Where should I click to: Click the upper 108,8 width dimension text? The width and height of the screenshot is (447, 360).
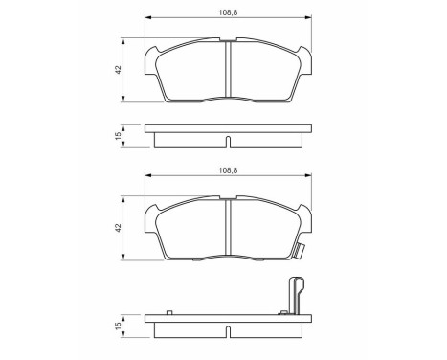click(x=227, y=13)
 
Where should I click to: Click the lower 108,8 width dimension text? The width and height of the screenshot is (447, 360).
click(x=227, y=170)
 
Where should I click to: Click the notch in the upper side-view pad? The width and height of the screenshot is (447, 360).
click(x=227, y=144)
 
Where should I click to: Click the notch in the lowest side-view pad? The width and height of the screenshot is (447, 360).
click(x=227, y=332)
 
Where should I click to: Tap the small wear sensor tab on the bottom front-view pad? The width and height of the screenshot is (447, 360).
click(x=301, y=254)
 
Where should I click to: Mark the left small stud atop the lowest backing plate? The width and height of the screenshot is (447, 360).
click(x=168, y=311)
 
